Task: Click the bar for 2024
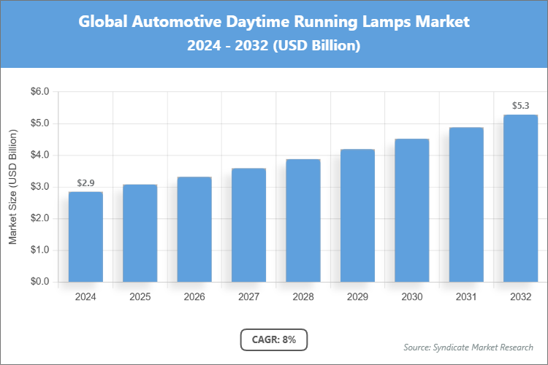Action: [x=85, y=237]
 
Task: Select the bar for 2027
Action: [x=248, y=225]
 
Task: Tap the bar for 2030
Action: [x=411, y=210]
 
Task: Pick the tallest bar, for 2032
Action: [x=520, y=198]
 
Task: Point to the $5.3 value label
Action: [x=520, y=106]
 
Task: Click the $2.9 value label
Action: [x=85, y=182]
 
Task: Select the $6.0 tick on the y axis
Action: [x=38, y=92]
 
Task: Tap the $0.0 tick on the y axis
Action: [x=38, y=282]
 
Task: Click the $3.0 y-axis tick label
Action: [x=38, y=187]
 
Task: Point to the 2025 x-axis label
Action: [x=140, y=297]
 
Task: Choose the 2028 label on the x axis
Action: [x=302, y=297]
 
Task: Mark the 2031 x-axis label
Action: [x=465, y=297]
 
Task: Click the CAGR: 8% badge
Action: [x=273, y=339]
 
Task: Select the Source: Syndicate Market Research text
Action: [x=468, y=347]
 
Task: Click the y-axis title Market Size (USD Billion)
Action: [x=12, y=187]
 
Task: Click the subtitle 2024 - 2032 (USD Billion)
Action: [x=274, y=46]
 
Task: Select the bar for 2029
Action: [x=357, y=215]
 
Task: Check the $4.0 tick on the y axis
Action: [x=38, y=155]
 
